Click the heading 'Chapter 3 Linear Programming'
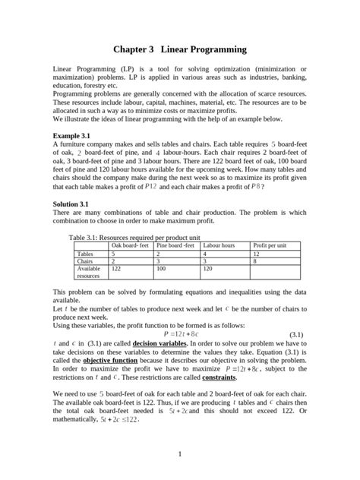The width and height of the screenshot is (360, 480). [x=180, y=49]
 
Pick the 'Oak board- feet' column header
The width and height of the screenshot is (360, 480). [x=131, y=245]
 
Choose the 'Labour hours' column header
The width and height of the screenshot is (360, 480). [x=219, y=245]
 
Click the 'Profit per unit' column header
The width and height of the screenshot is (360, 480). [x=270, y=245]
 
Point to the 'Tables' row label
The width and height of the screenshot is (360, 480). [x=86, y=254]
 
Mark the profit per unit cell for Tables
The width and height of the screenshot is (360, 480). [x=257, y=254]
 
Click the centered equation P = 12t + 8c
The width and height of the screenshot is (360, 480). [x=180, y=333]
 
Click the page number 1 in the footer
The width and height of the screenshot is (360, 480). [x=180, y=454]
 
